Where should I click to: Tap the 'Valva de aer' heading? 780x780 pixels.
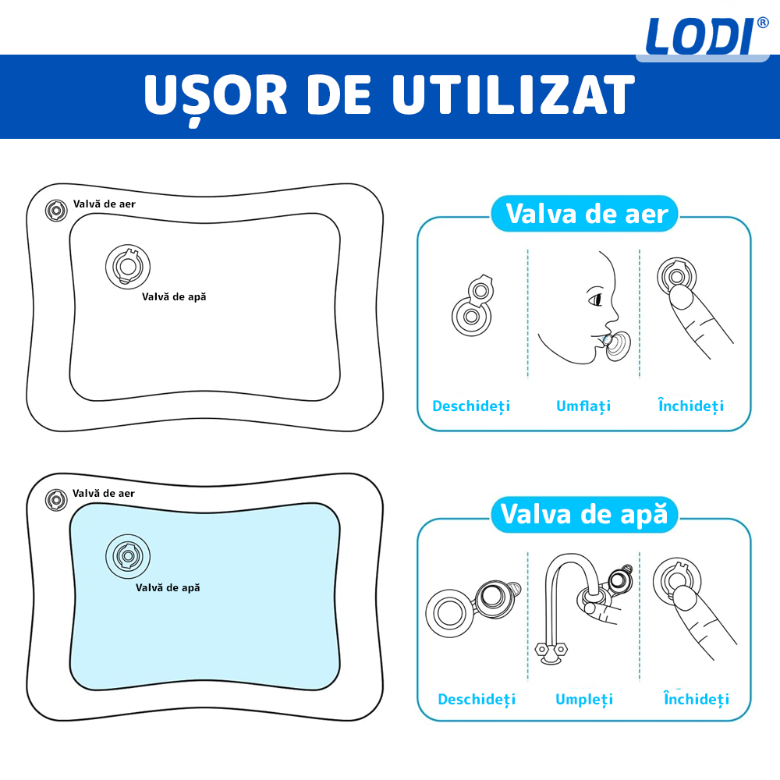[x=587, y=213]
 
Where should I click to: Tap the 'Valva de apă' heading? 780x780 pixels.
[x=584, y=514]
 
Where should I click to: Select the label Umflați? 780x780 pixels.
[x=583, y=406]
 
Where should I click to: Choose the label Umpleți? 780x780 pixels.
[x=584, y=699]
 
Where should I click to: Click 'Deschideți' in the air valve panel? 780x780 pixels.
[x=471, y=406]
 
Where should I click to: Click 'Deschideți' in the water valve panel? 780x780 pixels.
[x=477, y=699]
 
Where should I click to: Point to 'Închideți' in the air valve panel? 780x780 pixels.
[x=691, y=406]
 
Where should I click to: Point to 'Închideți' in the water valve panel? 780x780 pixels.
[x=697, y=699]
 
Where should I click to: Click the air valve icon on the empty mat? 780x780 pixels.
[x=56, y=211]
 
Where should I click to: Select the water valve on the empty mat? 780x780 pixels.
[x=128, y=267]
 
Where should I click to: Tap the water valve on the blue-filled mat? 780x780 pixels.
[x=127, y=556]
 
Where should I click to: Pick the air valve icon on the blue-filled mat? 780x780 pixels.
[x=56, y=500]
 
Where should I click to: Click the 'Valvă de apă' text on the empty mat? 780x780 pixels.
[x=174, y=296]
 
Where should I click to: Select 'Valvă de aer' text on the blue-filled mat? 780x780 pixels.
[x=104, y=493]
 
